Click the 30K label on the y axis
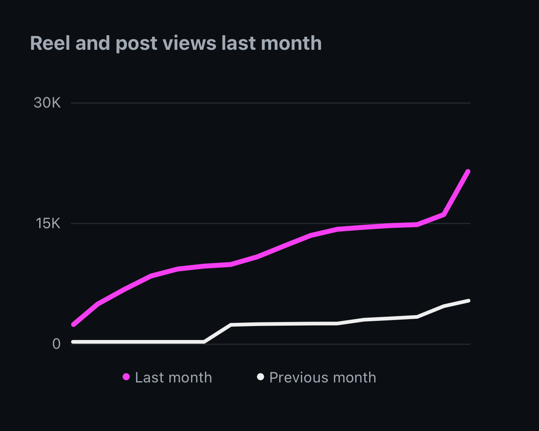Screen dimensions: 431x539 [x=47, y=103]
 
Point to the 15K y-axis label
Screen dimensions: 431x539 [x=48, y=223]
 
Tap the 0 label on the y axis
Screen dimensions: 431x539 [x=56, y=344]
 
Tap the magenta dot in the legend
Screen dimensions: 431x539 [x=126, y=377]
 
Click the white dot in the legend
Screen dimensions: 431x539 [x=260, y=376]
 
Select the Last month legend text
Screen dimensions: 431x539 [x=173, y=378]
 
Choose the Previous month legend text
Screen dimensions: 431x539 [x=323, y=378]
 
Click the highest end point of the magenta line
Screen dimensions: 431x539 [x=468, y=172]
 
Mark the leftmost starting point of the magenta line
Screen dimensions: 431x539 [x=73, y=325]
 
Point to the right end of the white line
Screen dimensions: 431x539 [x=468, y=301]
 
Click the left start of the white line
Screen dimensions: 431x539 [x=73, y=342]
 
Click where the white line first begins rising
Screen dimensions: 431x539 [x=204, y=342]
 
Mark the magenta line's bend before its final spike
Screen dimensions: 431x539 [x=443, y=214]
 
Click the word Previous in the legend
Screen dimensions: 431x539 [x=296, y=378]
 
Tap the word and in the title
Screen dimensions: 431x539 [x=93, y=43]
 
